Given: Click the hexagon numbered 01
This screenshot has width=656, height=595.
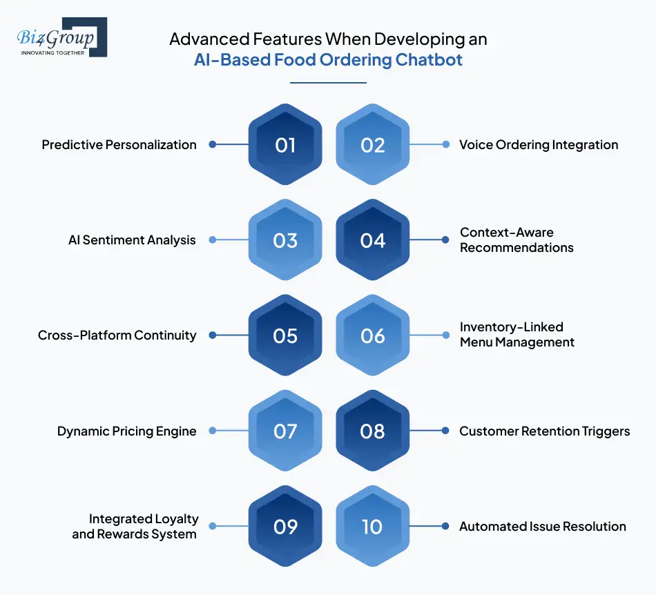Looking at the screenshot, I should (285, 144).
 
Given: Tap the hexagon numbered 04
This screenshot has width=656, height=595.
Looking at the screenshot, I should (373, 240).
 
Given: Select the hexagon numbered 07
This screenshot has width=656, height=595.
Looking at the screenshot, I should (285, 431).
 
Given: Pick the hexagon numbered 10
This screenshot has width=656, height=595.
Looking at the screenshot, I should (373, 527).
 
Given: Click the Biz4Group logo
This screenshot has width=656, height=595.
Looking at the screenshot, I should (61, 37).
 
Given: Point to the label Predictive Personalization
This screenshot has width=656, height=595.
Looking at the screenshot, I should (119, 144).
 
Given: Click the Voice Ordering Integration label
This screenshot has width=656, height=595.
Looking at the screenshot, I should (539, 144).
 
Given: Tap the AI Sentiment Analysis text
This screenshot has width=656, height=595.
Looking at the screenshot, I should (132, 240).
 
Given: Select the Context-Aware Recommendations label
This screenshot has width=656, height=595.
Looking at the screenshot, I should (517, 240).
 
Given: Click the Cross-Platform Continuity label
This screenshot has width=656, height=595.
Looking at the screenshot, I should (117, 335).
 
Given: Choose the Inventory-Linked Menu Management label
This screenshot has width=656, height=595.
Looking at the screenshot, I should (517, 335).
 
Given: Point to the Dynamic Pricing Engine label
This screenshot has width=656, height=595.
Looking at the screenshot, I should (126, 431).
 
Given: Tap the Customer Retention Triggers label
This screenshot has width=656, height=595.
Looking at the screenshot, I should (544, 431).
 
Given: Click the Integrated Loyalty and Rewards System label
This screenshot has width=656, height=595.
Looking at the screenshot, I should (135, 526).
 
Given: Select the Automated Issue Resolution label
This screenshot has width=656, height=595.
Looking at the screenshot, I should (542, 527).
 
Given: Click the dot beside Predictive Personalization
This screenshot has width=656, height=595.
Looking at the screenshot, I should (213, 144).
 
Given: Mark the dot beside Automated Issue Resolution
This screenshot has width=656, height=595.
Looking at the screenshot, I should (445, 527).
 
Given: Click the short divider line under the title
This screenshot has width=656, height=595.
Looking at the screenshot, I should (328, 83).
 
